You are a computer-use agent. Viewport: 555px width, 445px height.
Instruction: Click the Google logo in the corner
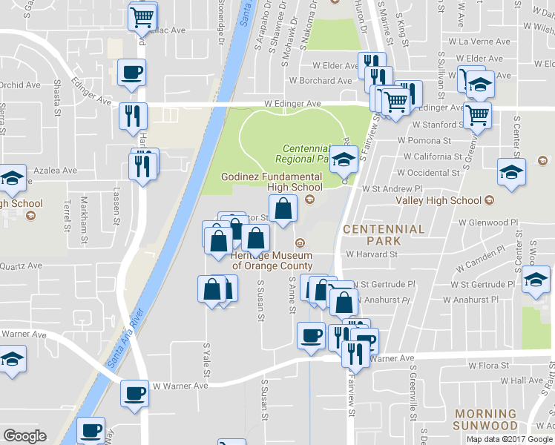point(24,436)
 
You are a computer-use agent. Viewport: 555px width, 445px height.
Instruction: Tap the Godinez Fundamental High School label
point(272,182)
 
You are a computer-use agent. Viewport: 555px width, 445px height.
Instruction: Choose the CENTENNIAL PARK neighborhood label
point(384,235)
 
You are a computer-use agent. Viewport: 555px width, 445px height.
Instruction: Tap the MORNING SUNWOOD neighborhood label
point(485,420)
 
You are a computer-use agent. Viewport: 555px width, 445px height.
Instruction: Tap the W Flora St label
point(488,366)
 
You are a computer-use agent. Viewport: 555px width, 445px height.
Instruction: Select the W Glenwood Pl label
point(487,222)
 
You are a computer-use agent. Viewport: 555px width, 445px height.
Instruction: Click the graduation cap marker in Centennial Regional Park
point(344,158)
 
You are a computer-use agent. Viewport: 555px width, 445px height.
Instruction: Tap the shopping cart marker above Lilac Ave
point(142,16)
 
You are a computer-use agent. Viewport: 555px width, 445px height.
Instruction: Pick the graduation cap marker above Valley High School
point(510,171)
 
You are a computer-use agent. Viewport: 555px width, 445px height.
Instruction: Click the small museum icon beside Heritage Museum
point(300,243)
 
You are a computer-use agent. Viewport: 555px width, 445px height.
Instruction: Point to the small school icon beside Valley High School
point(489,200)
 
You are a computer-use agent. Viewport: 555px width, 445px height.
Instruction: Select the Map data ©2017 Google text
point(509,439)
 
